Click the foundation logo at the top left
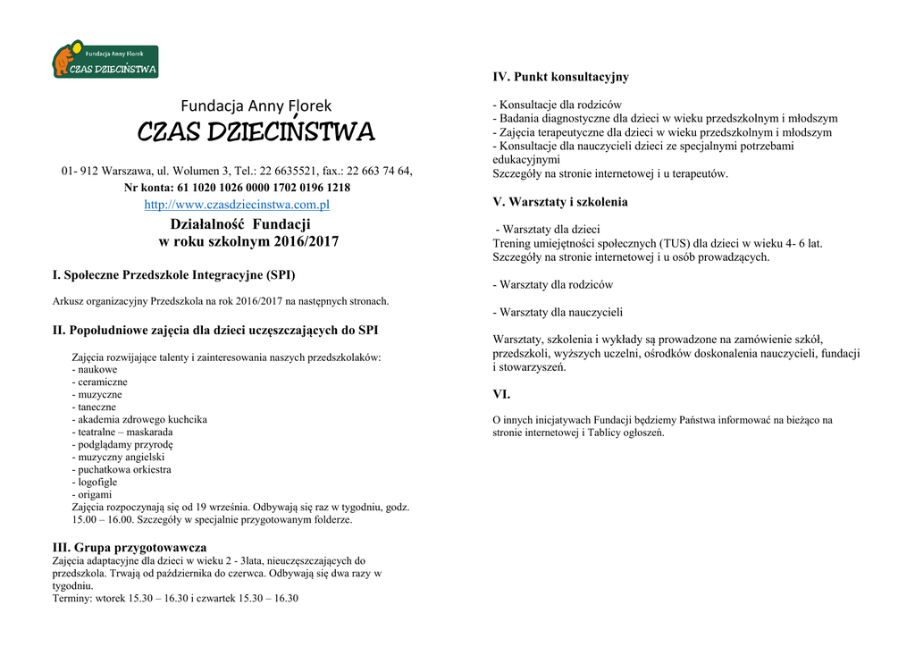(105, 61)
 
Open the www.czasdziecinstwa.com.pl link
(237, 205)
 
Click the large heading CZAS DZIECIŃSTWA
(256, 133)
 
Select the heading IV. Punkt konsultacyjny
(560, 77)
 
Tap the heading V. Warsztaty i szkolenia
(560, 202)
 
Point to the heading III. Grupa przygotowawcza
(130, 547)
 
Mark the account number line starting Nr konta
(237, 188)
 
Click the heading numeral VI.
(501, 394)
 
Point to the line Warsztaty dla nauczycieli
(561, 313)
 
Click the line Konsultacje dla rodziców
(560, 105)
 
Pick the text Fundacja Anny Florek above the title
(256, 105)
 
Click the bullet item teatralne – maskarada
(125, 432)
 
